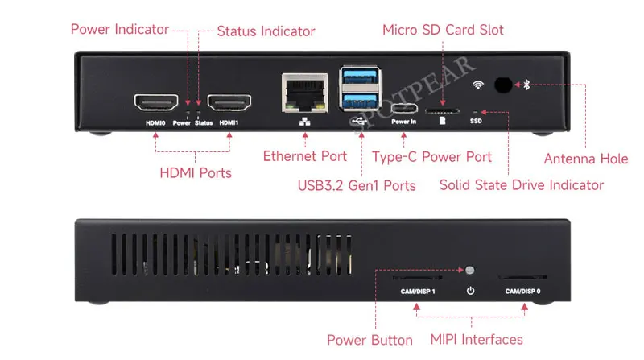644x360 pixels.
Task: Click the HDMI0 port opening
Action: pos(156,102)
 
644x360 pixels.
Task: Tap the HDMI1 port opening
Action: pos(229,102)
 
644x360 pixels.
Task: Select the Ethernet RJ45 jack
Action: pos(305,93)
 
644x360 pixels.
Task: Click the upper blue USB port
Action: pos(360,77)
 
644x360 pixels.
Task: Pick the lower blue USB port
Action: pos(360,101)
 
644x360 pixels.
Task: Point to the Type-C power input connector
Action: pos(404,109)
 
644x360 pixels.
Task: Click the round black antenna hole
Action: pos(503,85)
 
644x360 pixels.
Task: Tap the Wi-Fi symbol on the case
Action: pos(478,85)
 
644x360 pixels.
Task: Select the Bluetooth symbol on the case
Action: pos(527,85)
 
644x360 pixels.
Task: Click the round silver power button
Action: pos(470,270)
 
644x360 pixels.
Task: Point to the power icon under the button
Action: pos(470,291)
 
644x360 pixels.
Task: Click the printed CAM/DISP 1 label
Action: pos(418,292)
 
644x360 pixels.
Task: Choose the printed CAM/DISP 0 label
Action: pos(522,292)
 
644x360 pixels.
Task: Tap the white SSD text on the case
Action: pos(476,121)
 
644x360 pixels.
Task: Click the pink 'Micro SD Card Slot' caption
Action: pos(443,30)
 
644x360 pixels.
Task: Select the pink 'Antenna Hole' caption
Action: pos(586,159)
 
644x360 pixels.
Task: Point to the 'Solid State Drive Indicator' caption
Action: pos(522,185)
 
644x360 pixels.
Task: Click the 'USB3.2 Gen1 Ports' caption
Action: pos(357,186)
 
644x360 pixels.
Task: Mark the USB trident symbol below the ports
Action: pos(359,121)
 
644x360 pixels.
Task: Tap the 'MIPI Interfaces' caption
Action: pos(477,340)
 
